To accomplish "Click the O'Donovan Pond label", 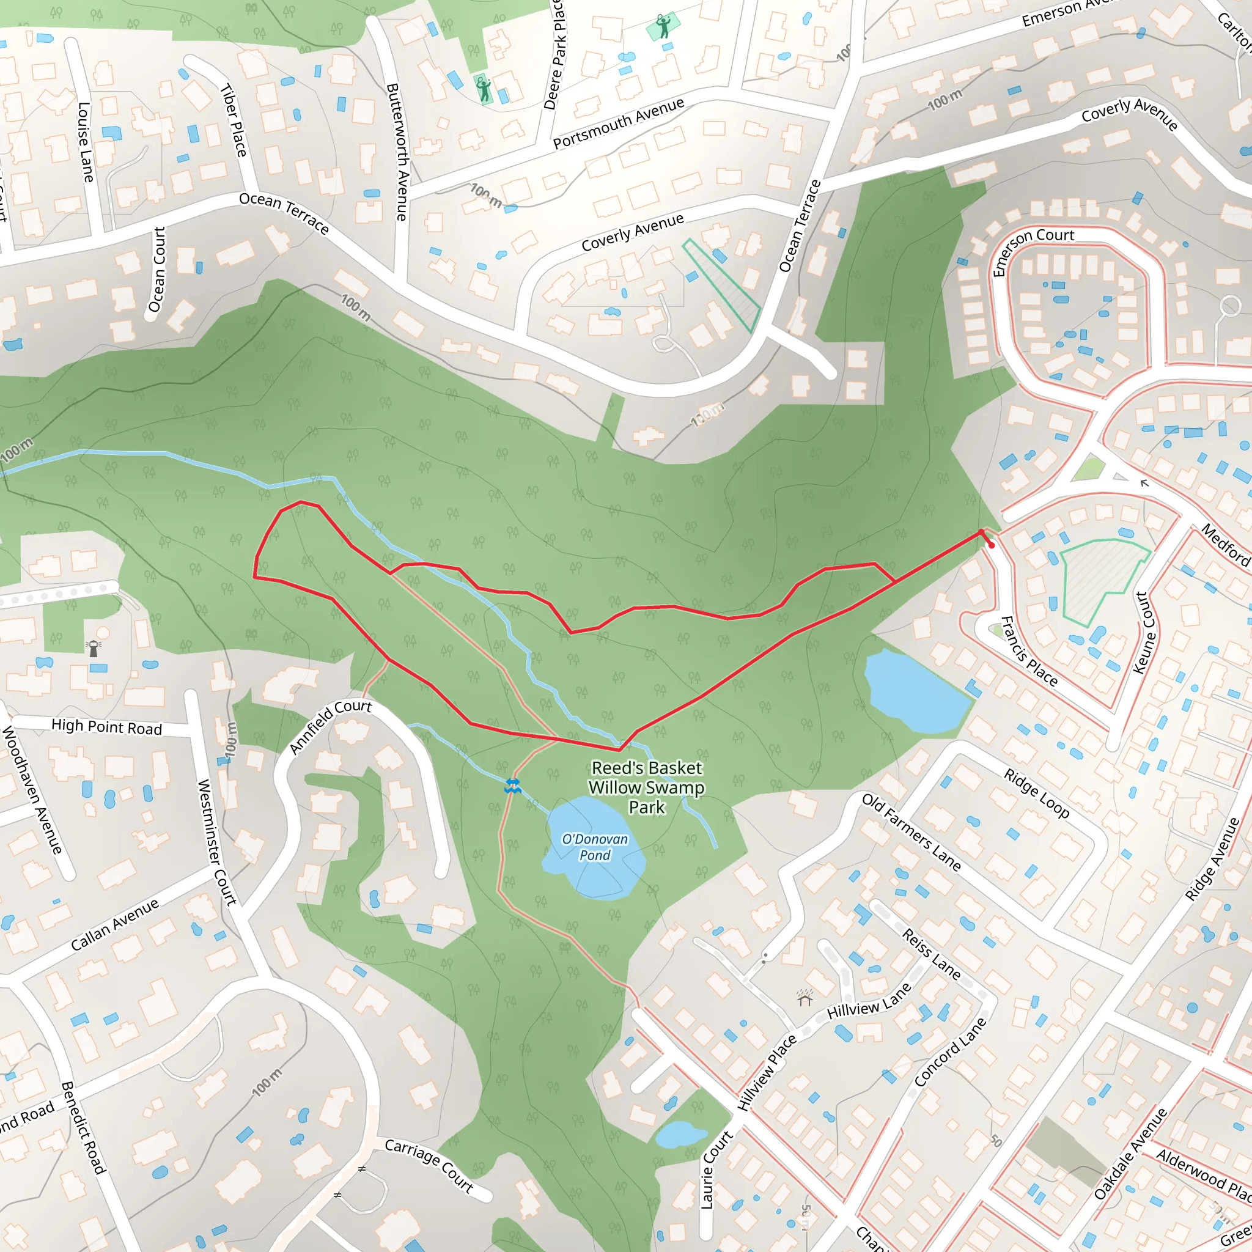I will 594,847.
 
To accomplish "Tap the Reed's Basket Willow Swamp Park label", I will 647,787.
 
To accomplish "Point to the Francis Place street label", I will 1029,651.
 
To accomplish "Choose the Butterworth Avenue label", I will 397,152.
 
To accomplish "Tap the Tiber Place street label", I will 234,120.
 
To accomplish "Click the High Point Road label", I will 106,727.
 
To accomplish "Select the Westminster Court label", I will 216,842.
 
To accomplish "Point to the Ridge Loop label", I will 1036,793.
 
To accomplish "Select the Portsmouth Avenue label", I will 618,123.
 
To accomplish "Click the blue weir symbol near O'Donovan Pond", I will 512,787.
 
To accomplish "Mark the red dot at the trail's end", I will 992,546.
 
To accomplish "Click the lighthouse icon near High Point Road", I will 94,647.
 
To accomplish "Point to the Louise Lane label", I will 86,142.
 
